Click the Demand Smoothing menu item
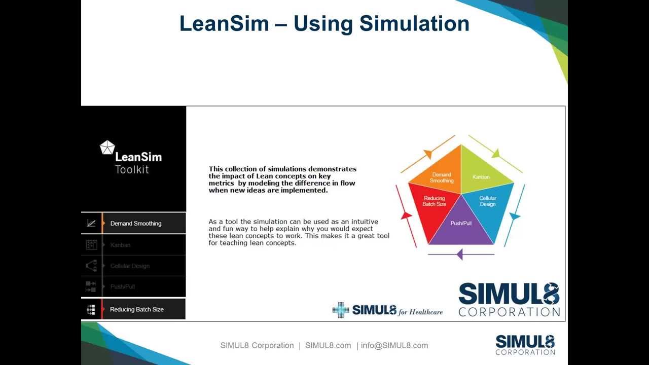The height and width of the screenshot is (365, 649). [135, 224]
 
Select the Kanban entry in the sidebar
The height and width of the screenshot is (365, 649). [120, 245]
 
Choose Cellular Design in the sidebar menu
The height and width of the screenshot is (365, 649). [130, 266]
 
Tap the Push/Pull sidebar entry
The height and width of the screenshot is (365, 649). [123, 286]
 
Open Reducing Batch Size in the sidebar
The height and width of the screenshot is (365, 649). [136, 309]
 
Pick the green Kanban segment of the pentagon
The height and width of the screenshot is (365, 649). [482, 175]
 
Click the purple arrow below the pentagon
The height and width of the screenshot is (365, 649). [460, 254]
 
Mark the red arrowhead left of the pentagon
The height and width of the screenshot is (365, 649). [406, 215]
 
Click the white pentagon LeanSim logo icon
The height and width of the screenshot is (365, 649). [107, 148]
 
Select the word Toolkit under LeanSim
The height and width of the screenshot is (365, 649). [132, 169]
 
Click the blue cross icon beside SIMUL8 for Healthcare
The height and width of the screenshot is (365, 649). [341, 310]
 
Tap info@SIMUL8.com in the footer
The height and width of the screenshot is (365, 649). [394, 345]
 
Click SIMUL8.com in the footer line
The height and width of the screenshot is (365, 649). [328, 345]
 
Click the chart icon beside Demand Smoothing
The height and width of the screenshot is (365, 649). [91, 224]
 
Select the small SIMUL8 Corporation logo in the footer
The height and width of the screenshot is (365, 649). [525, 344]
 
